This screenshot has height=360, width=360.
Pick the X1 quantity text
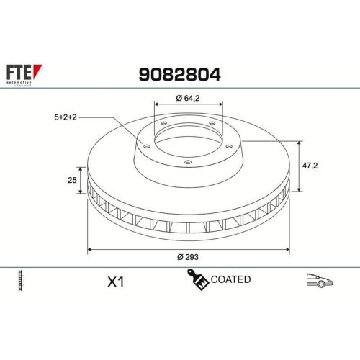tap(114, 282)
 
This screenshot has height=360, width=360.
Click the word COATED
tap(231, 279)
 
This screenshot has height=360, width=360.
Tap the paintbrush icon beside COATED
tap(199, 280)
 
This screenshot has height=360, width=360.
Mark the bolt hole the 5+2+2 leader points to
tap(147, 146)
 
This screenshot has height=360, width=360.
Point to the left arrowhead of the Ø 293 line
tap(89, 250)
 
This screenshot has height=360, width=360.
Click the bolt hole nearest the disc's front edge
tap(187, 162)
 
